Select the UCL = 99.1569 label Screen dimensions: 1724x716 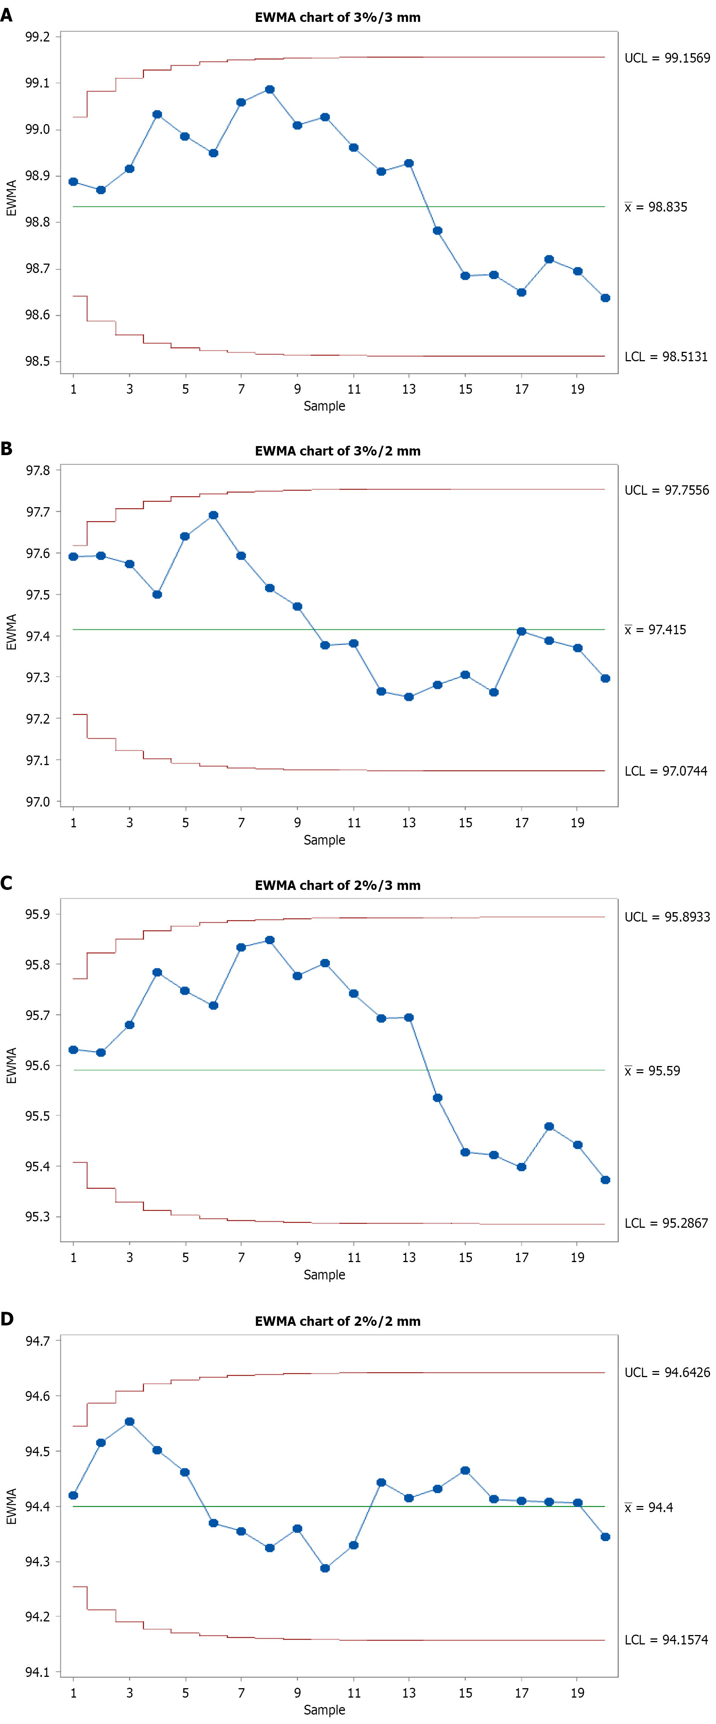click(667, 58)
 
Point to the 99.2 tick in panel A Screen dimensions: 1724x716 click(37, 37)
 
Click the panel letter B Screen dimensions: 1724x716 click(7, 448)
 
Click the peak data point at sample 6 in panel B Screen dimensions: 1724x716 click(213, 515)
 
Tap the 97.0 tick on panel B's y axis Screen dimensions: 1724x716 click(37, 802)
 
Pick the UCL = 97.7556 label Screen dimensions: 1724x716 click(667, 491)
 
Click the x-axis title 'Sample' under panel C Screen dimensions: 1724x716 click(325, 1275)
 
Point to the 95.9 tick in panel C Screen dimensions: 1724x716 click(37, 914)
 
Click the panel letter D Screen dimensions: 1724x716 click(7, 1319)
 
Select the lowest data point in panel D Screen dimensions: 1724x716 click(325, 1568)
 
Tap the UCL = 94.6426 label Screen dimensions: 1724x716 click(667, 1373)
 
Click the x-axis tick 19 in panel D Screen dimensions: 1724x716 click(578, 1693)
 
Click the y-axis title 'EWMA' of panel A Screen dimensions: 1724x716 click(11, 198)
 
